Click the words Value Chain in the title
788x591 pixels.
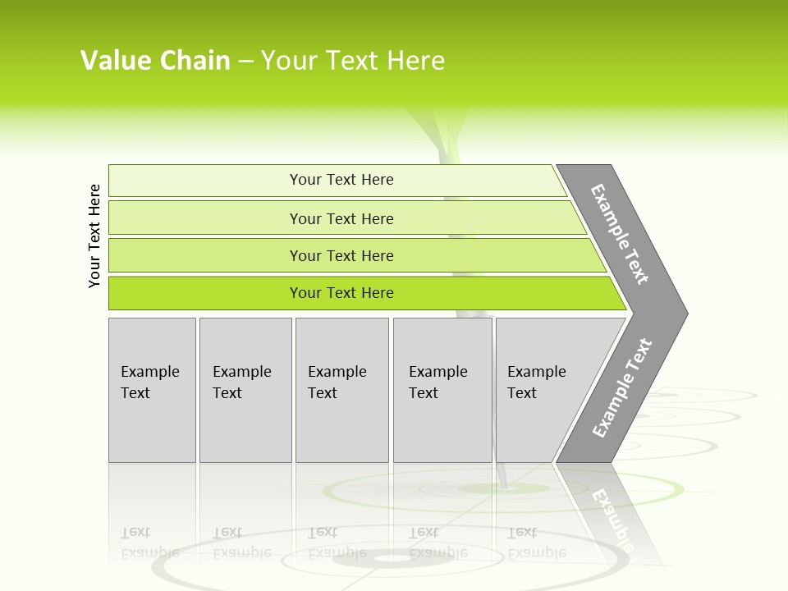(x=155, y=61)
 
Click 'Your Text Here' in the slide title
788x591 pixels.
(x=353, y=61)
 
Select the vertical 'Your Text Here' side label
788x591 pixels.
(x=94, y=236)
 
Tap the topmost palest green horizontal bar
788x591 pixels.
(x=205, y=181)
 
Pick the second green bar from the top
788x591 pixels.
(x=205, y=218)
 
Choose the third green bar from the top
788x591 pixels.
(x=205, y=256)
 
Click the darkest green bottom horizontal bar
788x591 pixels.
(x=205, y=293)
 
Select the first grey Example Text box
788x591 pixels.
(x=152, y=390)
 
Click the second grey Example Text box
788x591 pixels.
(x=245, y=390)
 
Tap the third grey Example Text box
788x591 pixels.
(x=341, y=390)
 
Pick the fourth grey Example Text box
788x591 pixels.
(x=442, y=390)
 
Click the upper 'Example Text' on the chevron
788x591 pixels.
(x=620, y=234)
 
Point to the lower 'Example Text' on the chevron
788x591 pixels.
(x=622, y=387)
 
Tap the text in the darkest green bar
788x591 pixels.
(x=341, y=293)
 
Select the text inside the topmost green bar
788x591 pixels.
(x=341, y=180)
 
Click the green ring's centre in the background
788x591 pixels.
(x=502, y=489)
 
